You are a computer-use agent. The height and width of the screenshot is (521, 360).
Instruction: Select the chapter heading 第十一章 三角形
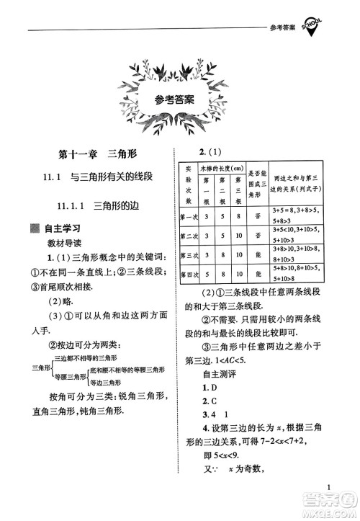coord(99,153)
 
